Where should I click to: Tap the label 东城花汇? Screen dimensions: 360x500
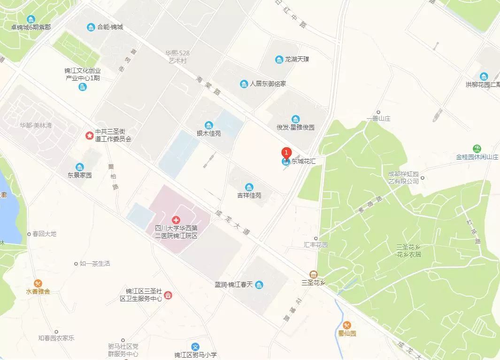point(305,161)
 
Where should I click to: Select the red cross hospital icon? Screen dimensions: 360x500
point(176,220)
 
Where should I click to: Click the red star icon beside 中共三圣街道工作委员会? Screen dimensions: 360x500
point(89,136)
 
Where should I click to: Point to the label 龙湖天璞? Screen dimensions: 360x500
point(297,60)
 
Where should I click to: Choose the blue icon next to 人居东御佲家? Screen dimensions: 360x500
point(244,84)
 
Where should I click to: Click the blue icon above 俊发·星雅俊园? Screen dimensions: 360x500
point(295,119)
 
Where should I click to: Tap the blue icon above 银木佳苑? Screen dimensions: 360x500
point(208,125)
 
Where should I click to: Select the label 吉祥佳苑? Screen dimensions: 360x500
point(249,195)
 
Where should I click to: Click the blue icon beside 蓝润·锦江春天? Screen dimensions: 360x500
point(259,285)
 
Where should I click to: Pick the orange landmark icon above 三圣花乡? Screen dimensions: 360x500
point(314,274)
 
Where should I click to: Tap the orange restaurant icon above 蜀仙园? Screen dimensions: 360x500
point(347,325)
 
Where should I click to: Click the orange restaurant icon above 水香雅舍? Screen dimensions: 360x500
point(38,283)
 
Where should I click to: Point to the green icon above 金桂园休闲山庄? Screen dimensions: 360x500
point(477,148)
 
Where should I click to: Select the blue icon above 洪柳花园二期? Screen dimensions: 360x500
point(484,77)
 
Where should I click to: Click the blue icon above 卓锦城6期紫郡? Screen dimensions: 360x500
point(31,19)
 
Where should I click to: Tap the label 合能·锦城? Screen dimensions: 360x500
point(110,27)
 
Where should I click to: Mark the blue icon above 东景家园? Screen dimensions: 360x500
point(80,167)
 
